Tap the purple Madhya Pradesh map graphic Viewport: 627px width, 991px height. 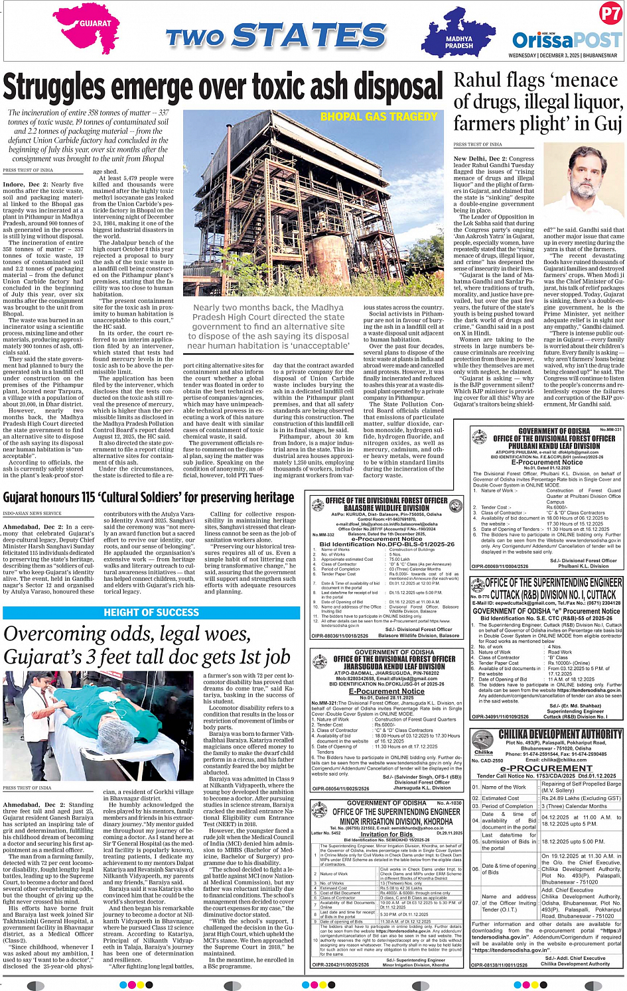coord(460,38)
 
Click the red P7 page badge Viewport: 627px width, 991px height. coord(610,14)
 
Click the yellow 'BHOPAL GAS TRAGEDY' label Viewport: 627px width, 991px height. coord(379,117)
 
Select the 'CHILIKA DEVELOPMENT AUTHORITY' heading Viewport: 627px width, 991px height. coord(559,734)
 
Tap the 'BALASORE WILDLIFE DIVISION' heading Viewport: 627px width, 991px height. coord(386,508)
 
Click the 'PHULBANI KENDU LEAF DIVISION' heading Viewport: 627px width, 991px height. coord(546,446)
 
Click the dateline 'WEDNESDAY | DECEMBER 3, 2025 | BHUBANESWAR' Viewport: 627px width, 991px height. coord(563,56)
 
